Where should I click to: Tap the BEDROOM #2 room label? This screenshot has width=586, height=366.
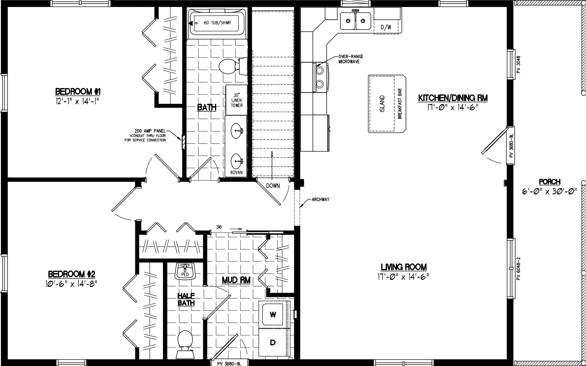coord(72,273)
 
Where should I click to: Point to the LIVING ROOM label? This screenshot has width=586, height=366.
coord(403,267)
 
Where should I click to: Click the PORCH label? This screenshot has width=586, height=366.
coord(549,182)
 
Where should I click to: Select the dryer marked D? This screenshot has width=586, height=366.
coord(273,342)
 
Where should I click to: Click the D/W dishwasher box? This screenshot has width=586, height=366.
coord(386,27)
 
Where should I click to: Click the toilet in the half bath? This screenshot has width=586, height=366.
coord(185,343)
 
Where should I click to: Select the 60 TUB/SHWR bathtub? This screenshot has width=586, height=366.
coord(217,23)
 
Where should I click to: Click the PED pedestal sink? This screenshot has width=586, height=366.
coord(185,271)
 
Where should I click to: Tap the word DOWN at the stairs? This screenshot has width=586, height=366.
coord(273,186)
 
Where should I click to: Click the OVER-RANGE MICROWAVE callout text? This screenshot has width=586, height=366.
coord(350,59)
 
